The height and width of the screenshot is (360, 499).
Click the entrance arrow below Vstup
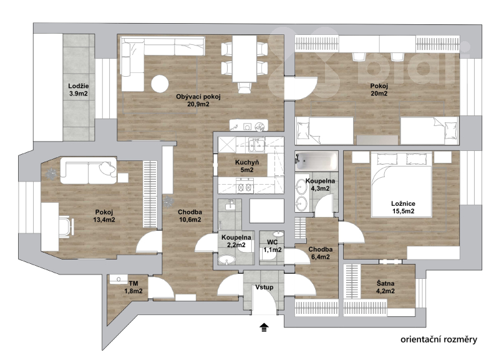point(264,327)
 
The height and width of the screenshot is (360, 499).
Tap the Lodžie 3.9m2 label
point(79,90)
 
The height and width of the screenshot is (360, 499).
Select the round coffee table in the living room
point(160,84)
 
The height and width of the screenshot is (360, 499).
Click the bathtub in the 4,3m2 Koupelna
point(316,161)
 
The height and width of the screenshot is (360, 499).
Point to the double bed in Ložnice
point(402,185)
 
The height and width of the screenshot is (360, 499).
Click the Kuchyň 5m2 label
point(246,166)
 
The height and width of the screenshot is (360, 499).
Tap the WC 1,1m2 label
point(273,246)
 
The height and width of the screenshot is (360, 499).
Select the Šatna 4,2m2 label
point(385,287)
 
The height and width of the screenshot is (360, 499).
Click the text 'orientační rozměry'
point(439,339)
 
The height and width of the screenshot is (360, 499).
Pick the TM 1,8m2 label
point(133,288)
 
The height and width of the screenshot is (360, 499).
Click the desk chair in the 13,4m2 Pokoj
point(66,226)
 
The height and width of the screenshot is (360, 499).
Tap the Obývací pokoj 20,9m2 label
point(198,100)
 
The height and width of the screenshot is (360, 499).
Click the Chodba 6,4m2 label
point(321,253)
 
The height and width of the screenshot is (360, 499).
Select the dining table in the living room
point(245,59)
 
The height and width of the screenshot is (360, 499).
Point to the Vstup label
point(264,287)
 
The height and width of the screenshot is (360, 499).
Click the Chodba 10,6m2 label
point(190,215)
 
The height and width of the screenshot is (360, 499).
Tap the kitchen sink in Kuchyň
point(257,145)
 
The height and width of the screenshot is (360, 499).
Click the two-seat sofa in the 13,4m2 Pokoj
point(89,170)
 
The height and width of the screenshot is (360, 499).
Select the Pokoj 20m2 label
point(379,90)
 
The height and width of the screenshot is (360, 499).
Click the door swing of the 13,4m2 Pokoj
point(148,241)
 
